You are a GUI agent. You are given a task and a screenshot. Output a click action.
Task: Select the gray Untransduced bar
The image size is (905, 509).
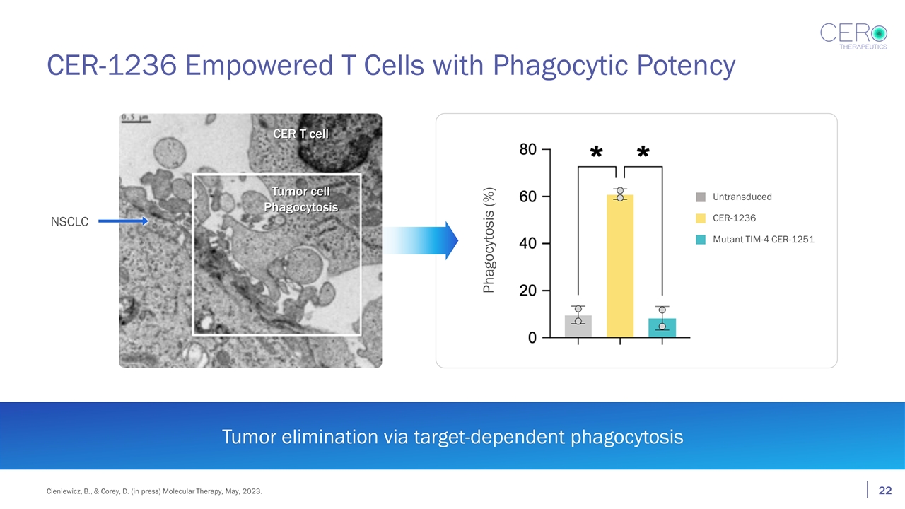pyautogui.click(x=578, y=327)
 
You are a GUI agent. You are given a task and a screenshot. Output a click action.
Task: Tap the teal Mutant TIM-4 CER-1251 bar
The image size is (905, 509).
pyautogui.click(x=662, y=328)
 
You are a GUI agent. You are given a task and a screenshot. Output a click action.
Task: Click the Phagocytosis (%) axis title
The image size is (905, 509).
pyautogui.click(x=489, y=240)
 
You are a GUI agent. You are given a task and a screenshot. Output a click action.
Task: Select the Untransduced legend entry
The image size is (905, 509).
pyautogui.click(x=742, y=197)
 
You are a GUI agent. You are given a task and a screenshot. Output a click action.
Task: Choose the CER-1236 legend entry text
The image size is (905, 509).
pyautogui.click(x=734, y=218)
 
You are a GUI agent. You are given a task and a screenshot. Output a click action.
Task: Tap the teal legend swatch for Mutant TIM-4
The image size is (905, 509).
pyautogui.click(x=700, y=240)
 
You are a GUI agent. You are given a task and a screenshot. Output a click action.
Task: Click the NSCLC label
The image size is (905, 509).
pyautogui.click(x=69, y=222)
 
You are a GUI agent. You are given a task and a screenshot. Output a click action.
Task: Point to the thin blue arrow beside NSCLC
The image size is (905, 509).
pyautogui.click(x=122, y=221)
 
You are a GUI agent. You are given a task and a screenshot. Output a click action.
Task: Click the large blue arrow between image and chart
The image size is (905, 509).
pyautogui.click(x=424, y=240)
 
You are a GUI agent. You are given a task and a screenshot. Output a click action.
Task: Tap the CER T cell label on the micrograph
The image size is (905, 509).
pyautogui.click(x=300, y=134)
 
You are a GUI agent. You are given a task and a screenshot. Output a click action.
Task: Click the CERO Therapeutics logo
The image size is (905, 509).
pyautogui.click(x=853, y=35)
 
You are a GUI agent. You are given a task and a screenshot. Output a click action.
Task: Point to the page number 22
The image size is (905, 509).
pyautogui.click(x=884, y=491)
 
